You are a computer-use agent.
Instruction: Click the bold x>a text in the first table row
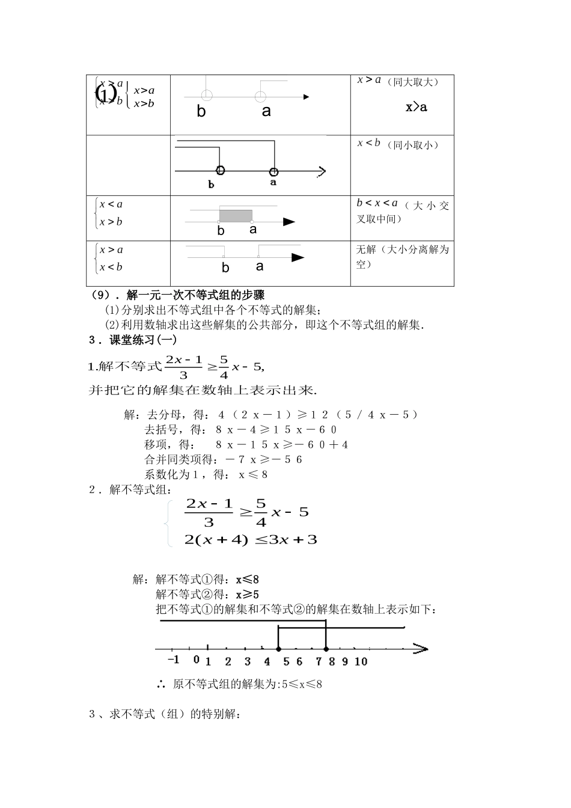click(416, 108)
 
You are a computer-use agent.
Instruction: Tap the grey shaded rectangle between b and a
click(236, 216)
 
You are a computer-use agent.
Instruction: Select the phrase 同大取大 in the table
click(412, 82)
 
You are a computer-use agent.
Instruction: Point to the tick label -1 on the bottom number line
click(173, 660)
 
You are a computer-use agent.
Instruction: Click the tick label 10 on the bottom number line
click(361, 662)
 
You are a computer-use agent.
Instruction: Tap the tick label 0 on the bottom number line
click(196, 660)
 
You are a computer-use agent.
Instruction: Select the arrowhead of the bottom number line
click(421, 649)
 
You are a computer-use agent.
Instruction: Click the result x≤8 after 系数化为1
click(253, 475)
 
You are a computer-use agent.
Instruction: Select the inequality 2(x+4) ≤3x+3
click(251, 540)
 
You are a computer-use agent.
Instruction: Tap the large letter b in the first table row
click(201, 112)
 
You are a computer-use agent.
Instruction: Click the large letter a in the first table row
click(266, 112)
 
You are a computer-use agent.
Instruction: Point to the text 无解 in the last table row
click(366, 249)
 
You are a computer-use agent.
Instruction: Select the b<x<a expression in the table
click(377, 203)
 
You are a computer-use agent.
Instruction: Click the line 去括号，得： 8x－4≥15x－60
click(240, 430)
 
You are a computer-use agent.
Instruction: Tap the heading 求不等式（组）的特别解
click(174, 715)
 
